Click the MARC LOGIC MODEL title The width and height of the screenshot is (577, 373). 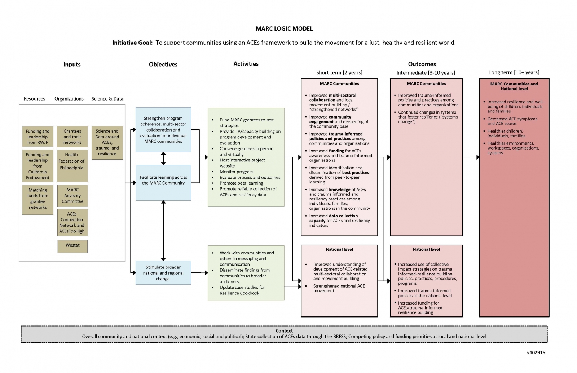tap(284, 28)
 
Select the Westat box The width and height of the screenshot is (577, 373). tap(72, 247)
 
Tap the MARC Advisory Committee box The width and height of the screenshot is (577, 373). tap(72, 196)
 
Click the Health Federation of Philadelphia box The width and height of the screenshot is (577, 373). tap(72, 165)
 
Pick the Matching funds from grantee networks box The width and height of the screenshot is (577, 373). tap(38, 200)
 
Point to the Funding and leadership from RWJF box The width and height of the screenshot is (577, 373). tap(38, 137)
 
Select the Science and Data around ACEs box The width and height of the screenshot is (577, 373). tap(107, 143)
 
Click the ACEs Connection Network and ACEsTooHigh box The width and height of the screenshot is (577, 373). tap(72, 222)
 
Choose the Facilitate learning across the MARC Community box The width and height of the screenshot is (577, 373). tap(163, 182)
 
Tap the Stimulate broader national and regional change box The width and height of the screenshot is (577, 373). tap(163, 272)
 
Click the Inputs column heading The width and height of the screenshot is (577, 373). tap(72, 65)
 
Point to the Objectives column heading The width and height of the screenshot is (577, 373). tap(163, 65)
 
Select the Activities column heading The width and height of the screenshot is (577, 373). tap(246, 64)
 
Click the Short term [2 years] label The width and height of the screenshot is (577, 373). tap(339, 72)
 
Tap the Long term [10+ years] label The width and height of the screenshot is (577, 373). tap(514, 72)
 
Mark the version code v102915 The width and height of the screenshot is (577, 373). tap(536, 353)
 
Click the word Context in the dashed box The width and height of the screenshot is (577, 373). tap(284, 331)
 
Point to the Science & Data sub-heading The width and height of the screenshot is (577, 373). tap(107, 99)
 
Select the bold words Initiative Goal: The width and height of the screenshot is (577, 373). tap(132, 43)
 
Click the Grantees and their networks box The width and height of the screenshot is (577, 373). tap(72, 137)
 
